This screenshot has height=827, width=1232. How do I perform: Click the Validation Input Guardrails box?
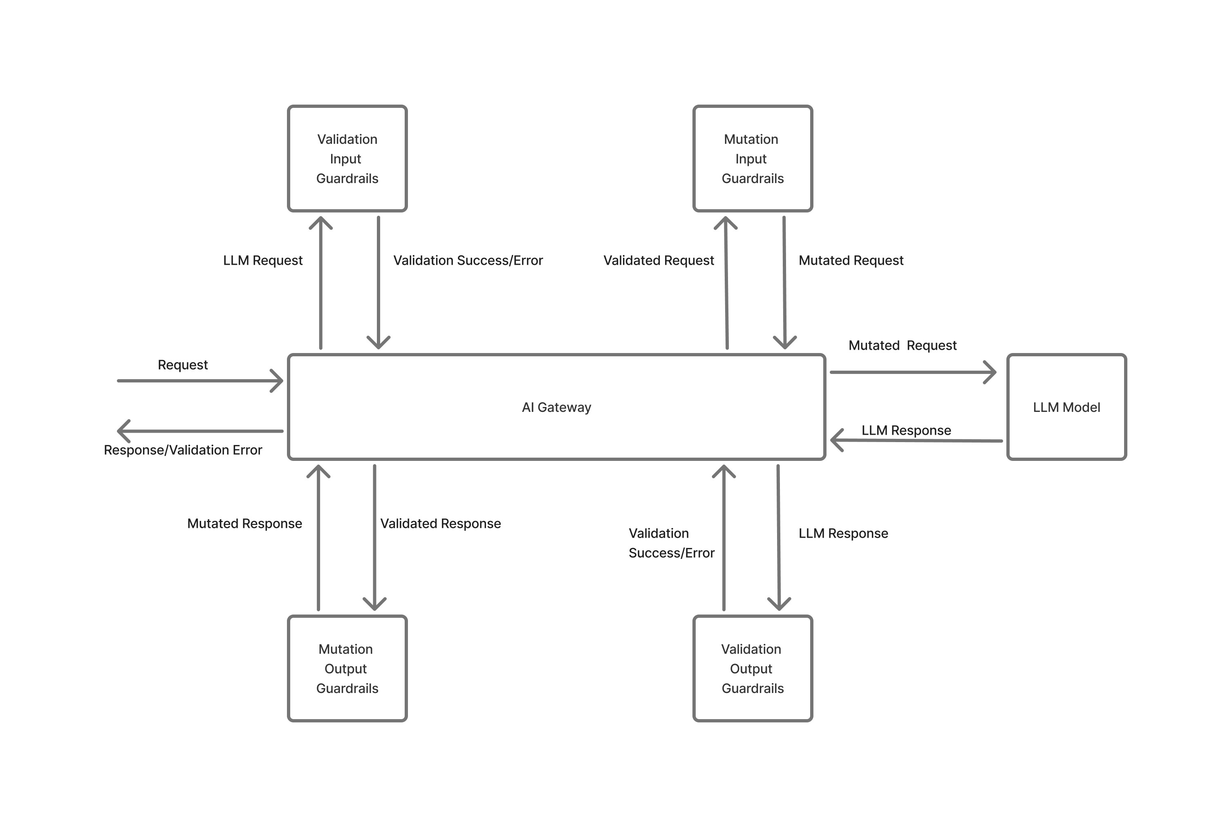[347, 158]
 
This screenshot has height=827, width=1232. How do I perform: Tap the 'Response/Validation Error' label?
[183, 450]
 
